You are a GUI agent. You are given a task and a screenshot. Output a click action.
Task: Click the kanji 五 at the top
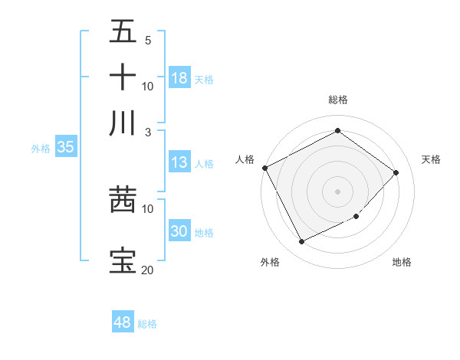123,31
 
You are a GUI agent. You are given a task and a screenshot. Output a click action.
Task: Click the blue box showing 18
179,78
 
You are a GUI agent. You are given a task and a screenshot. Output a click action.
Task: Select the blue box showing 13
179,162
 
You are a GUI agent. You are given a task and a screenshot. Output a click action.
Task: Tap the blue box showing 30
179,231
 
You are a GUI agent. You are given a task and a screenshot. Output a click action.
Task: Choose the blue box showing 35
65,148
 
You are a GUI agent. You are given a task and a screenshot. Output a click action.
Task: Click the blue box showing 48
123,322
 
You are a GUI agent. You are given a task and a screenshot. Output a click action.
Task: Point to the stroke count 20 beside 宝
147,270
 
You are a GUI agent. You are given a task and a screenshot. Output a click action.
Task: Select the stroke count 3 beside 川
147,132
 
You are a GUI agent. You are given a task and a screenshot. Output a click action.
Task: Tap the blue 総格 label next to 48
147,324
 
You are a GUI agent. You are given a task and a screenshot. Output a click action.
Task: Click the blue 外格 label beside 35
41,149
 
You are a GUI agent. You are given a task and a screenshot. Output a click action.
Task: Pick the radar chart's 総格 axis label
337,100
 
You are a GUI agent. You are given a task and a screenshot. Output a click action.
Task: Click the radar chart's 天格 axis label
431,159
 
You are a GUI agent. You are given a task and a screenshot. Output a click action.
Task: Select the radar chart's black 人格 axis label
245,159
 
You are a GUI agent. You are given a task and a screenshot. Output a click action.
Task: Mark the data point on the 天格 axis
396,172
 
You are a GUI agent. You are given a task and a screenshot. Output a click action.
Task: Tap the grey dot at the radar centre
337,191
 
